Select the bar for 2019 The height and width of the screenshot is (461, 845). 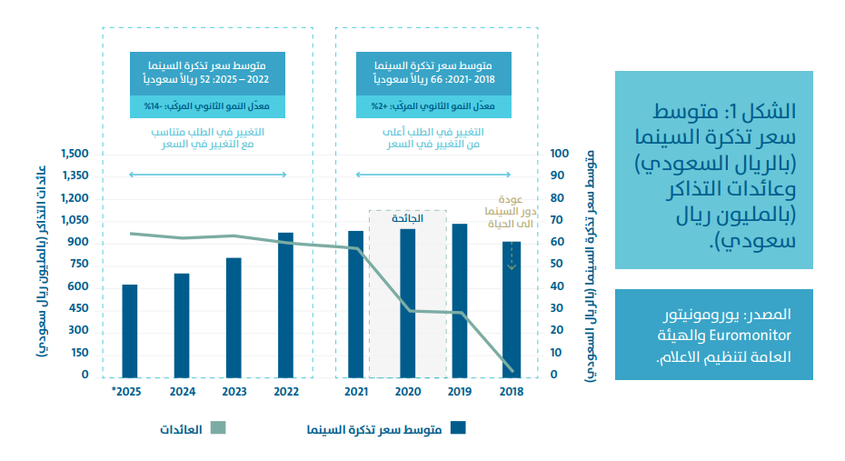pyautogui.click(x=460, y=300)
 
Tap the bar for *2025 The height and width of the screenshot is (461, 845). pyautogui.click(x=130, y=330)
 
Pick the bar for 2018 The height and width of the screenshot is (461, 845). pyautogui.click(x=512, y=309)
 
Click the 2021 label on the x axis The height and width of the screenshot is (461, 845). pyautogui.click(x=356, y=392)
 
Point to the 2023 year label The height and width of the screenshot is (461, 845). pyautogui.click(x=234, y=392)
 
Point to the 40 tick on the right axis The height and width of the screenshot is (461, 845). pyautogui.click(x=557, y=286)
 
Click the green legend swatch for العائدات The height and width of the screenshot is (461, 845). pyautogui.click(x=217, y=427)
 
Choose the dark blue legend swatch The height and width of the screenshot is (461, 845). pyautogui.click(x=459, y=427)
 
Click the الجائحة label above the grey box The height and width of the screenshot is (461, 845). pyautogui.click(x=406, y=218)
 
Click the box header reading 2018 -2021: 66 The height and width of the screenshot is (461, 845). pyautogui.click(x=436, y=74)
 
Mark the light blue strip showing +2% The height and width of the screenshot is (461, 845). pyautogui.click(x=436, y=107)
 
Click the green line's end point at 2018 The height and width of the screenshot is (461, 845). pyautogui.click(x=512, y=370)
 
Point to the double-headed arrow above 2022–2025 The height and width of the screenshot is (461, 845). pyautogui.click(x=208, y=175)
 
